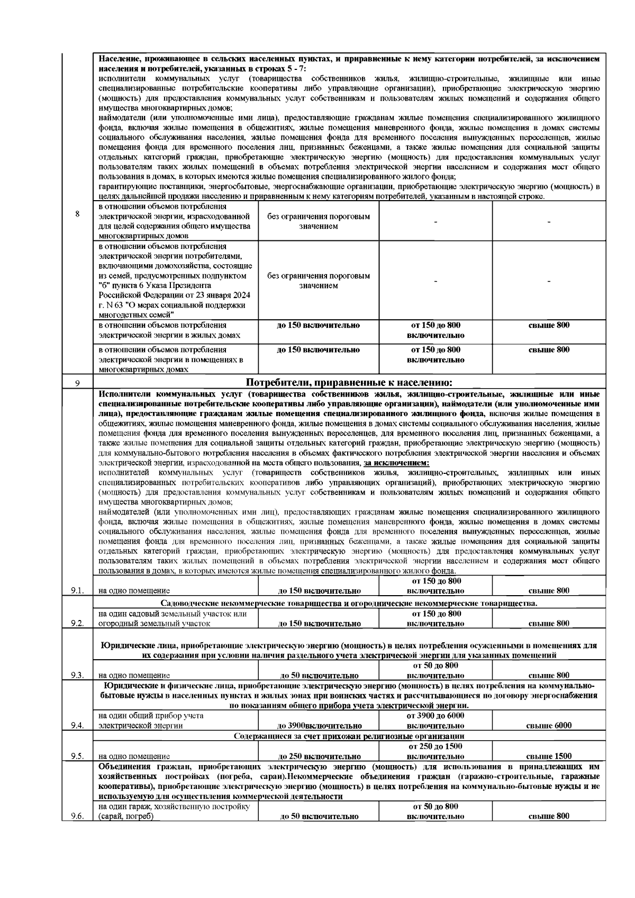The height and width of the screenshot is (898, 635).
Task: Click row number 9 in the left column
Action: (x=77, y=383)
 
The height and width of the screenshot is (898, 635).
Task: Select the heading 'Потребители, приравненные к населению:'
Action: (x=349, y=383)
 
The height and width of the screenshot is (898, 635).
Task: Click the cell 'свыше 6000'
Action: (x=549, y=725)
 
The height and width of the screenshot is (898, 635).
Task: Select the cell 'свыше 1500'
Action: (x=549, y=756)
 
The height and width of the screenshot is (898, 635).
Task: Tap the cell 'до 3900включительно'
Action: (x=319, y=725)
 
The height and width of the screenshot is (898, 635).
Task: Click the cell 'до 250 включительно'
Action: (x=319, y=756)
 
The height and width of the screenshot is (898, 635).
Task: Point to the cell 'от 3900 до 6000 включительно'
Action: (x=435, y=721)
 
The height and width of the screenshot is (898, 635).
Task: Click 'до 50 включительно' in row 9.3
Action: (x=319, y=675)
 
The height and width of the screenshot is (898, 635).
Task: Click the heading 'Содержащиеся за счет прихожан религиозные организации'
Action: (x=349, y=736)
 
